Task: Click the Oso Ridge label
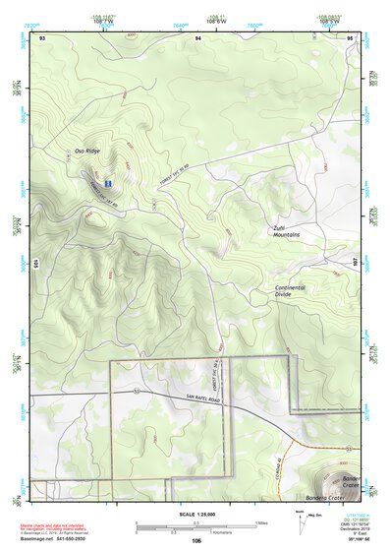point(86,151)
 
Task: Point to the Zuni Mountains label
point(286,231)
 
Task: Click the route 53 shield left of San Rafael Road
point(138,391)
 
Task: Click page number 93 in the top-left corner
point(42,36)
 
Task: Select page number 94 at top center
point(197,36)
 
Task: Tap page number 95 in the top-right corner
point(351,36)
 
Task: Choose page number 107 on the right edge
point(355,264)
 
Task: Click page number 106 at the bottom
point(196,540)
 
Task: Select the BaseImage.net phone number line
point(54,540)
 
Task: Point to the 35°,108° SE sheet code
point(351,540)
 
